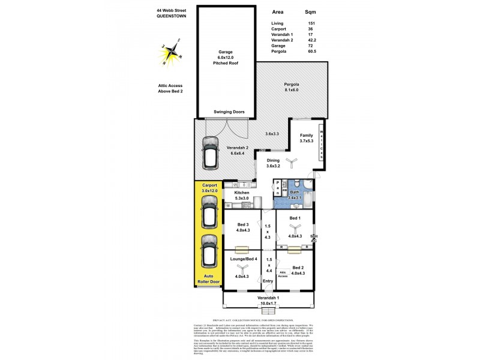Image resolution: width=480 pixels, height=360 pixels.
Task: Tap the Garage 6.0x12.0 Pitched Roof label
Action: pyautogui.click(x=226, y=57)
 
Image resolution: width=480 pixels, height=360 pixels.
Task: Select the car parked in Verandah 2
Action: pyautogui.click(x=211, y=152)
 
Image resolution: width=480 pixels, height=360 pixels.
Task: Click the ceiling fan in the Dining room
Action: pyautogui.click(x=290, y=161)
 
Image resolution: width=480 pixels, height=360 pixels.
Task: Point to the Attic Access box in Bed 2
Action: pyautogui.click(x=283, y=274)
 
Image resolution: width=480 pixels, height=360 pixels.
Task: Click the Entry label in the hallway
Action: pyautogui.click(x=268, y=280)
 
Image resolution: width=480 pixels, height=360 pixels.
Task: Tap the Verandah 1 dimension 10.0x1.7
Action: pyautogui.click(x=268, y=304)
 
